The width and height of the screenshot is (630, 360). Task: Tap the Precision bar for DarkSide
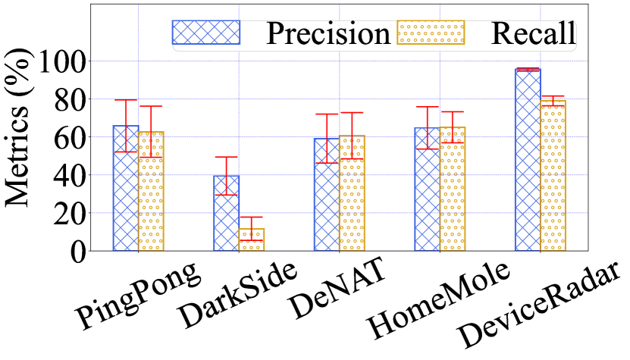click(226, 216)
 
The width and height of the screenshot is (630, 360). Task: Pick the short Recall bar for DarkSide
click(251, 241)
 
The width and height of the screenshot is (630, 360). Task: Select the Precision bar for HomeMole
click(427, 193)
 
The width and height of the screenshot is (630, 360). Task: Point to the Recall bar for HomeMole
click(452, 193)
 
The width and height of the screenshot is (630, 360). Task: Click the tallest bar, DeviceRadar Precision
click(528, 163)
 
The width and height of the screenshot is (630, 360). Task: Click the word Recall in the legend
click(534, 33)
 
